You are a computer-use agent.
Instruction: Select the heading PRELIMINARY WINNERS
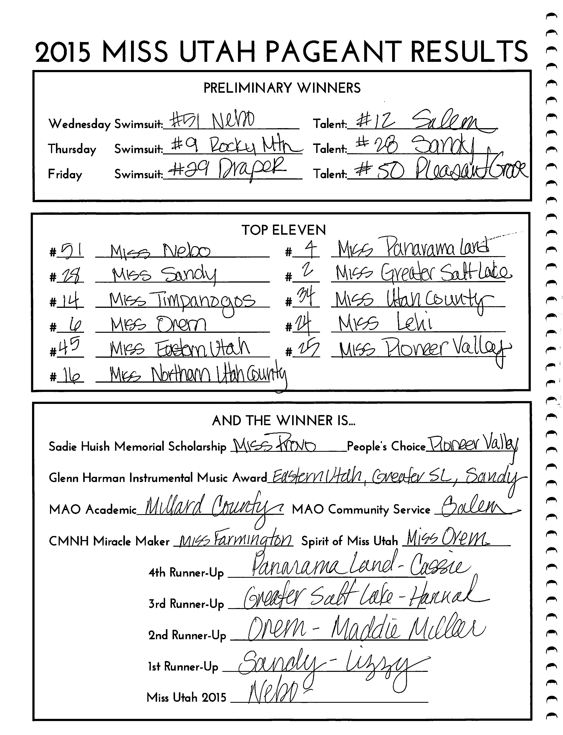click(282, 88)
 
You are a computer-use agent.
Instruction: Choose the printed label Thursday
click(72, 149)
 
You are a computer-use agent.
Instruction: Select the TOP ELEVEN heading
click(283, 230)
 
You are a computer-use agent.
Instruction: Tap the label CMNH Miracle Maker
click(109, 541)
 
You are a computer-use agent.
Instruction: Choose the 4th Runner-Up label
click(186, 572)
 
